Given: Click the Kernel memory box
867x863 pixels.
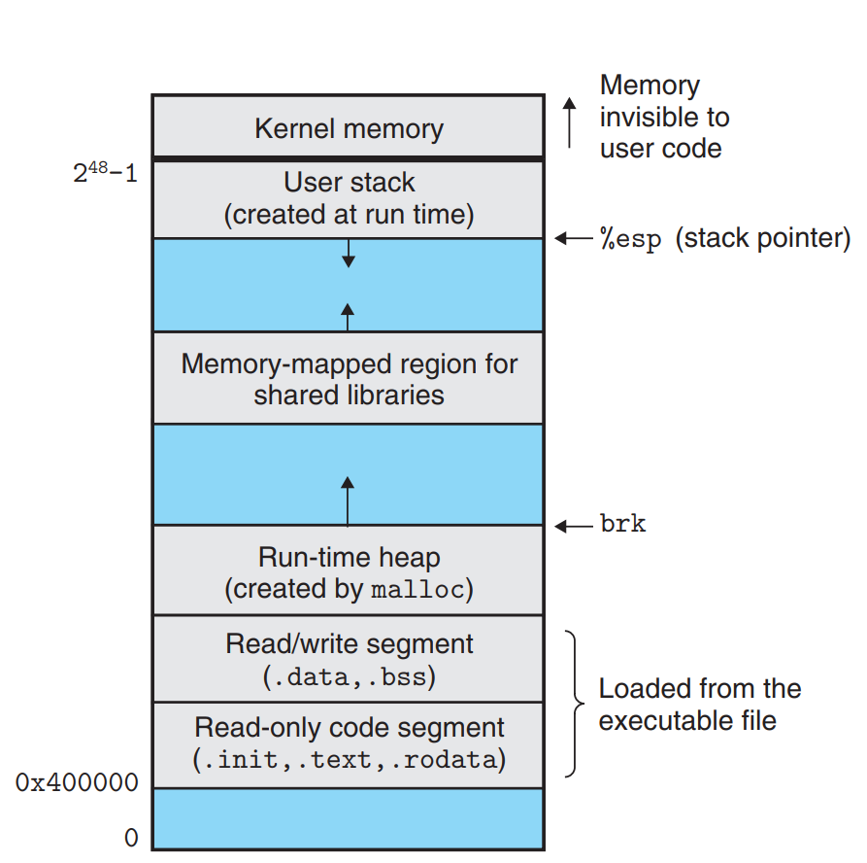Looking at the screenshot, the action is (349, 126).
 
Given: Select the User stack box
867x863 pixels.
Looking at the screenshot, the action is (349, 199).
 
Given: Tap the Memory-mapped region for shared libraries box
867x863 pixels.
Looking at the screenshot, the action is (349, 379).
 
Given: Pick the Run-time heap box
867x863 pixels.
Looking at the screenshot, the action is (349, 570).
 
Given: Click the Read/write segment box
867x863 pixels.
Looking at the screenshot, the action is (349, 659).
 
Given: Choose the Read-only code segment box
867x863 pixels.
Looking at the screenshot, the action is (349, 745).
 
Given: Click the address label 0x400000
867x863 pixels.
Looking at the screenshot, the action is (77, 782).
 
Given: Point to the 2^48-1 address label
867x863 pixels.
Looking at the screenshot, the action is (105, 173).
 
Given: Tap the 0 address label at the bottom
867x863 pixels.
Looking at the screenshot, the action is (131, 838).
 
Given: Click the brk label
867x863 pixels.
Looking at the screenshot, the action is (622, 524).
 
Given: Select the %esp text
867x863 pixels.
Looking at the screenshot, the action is (630, 239).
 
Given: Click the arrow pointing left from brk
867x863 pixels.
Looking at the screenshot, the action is (574, 526).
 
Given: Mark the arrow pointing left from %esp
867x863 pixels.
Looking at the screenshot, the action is (574, 238).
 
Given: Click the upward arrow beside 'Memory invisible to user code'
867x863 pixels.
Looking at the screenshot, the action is (570, 122).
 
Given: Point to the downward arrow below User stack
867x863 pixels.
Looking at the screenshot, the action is (349, 254).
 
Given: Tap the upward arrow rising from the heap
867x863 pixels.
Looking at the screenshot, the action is (348, 501).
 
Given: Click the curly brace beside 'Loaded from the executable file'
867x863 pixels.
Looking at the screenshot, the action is (575, 704).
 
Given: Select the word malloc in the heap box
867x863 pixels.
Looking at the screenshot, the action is (417, 590).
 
